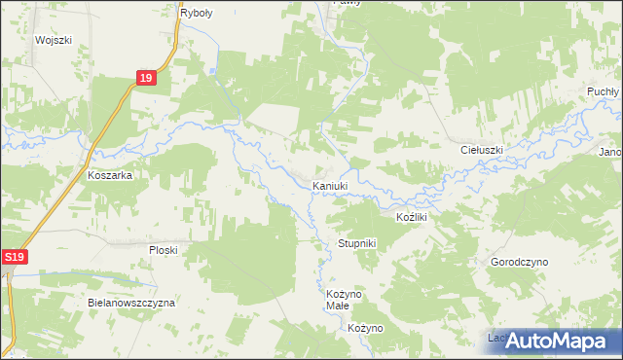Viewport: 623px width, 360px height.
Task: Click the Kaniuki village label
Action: [x=329, y=186]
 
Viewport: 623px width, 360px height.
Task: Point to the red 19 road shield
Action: [x=145, y=79]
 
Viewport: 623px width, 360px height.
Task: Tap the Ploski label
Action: [x=163, y=250]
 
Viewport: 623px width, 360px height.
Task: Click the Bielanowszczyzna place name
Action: [x=130, y=303]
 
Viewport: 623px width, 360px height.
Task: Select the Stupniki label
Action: [x=356, y=242]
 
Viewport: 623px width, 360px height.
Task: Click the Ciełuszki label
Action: [x=481, y=151]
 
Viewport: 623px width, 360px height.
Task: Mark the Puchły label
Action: [x=603, y=90]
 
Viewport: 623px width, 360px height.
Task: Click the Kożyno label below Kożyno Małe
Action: [x=366, y=328]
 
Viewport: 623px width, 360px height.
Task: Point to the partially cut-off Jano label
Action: [x=610, y=152]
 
